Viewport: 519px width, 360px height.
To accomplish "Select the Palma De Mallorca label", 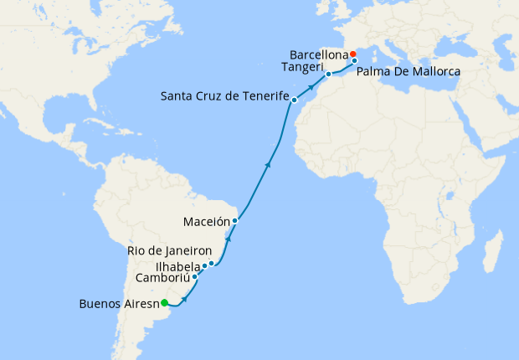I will click(x=409, y=73).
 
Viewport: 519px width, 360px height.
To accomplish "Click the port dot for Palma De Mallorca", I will click(x=354, y=61).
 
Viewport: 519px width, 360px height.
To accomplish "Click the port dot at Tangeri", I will click(x=328, y=74).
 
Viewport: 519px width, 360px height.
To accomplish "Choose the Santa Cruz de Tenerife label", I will click(x=224, y=97).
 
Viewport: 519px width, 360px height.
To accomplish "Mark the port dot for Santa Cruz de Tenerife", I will click(x=294, y=100).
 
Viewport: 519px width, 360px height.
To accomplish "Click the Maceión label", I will click(x=206, y=222).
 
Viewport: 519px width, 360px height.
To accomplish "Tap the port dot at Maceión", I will click(x=235, y=221).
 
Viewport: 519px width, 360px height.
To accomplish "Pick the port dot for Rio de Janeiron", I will click(x=212, y=264).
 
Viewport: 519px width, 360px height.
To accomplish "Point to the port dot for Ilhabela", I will click(x=204, y=266).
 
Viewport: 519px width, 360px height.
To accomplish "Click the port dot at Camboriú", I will click(x=195, y=276).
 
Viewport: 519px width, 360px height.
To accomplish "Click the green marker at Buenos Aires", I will click(x=165, y=303).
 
